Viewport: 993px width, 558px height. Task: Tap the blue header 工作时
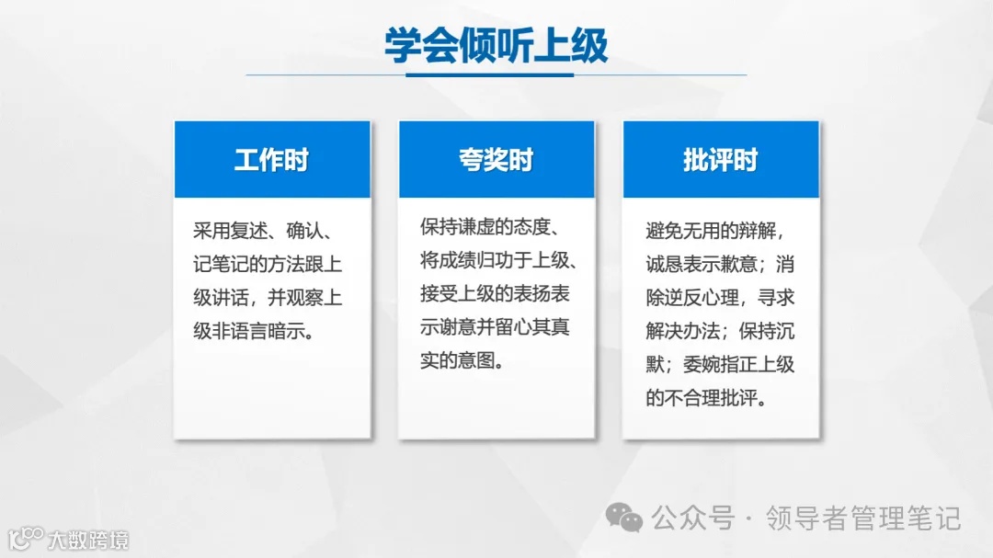271,160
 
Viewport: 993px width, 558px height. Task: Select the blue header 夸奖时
496,160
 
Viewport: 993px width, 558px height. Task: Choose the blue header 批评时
720,160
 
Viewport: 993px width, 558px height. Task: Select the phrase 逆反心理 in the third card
711,298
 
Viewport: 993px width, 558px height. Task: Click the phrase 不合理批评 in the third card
711,397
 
